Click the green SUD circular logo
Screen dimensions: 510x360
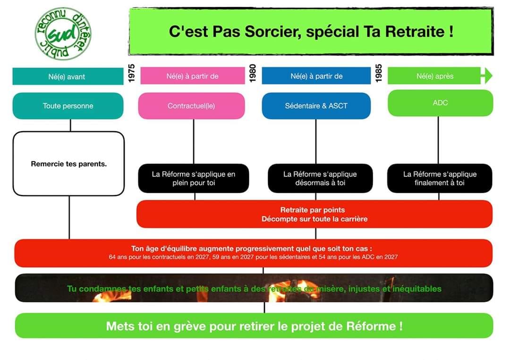pyautogui.click(x=63, y=34)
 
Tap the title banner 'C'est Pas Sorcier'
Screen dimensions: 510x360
pyautogui.click(x=311, y=32)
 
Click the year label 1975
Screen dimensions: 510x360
pyautogui.click(x=131, y=73)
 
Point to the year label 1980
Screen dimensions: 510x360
pyautogui.click(x=253, y=73)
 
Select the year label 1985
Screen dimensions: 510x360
pyautogui.click(x=379, y=73)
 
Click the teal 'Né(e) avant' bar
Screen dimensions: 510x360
pyautogui.click(x=68, y=77)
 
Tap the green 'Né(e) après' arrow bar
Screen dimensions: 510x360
pyautogui.click(x=440, y=76)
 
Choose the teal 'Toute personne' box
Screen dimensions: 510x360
pyautogui.click(x=68, y=106)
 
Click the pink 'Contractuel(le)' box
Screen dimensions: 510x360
pyautogui.click(x=192, y=106)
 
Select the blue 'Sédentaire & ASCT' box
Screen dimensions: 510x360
pyautogui.click(x=316, y=106)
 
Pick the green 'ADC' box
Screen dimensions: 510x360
pyautogui.click(x=441, y=103)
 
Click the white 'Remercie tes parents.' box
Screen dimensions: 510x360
pyautogui.click(x=68, y=164)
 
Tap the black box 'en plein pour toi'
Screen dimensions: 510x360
pyautogui.click(x=194, y=179)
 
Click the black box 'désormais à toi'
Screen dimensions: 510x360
pyautogui.click(x=320, y=179)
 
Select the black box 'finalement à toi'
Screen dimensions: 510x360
pyautogui.click(x=440, y=179)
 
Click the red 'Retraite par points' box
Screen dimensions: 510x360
pyautogui.click(x=314, y=214)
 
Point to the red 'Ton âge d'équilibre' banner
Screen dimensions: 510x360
pyautogui.click(x=254, y=253)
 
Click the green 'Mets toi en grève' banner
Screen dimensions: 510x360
pyautogui.click(x=254, y=326)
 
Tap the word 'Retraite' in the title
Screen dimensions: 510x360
pyautogui.click(x=415, y=32)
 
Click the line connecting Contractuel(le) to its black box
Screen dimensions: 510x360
pyautogui.click(x=194, y=141)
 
